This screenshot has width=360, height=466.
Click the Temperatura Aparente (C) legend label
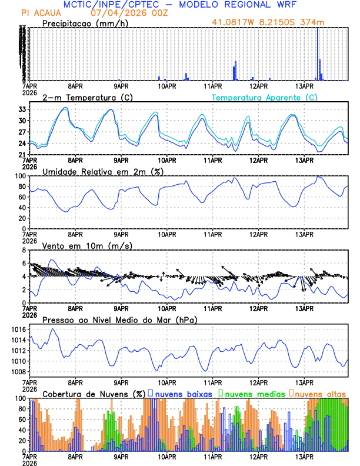[x=265, y=97]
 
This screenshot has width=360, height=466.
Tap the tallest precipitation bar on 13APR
[x=318, y=53]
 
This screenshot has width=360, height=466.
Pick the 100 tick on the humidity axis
[x=21, y=176]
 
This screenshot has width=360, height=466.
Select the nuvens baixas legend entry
[x=183, y=393]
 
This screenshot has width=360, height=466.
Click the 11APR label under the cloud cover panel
[x=212, y=457]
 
